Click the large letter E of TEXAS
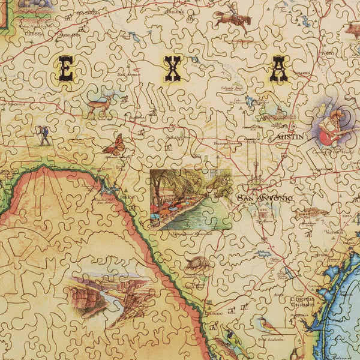(65, 68)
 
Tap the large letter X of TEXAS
(173, 69)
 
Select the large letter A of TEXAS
(278, 69)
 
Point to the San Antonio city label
(265, 198)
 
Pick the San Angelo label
(129, 74)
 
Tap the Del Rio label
(125, 196)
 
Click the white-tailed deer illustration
(98, 109)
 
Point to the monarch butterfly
(113, 145)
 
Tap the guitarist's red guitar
(329, 135)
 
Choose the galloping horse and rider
(232, 19)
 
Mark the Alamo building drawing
(265, 212)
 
